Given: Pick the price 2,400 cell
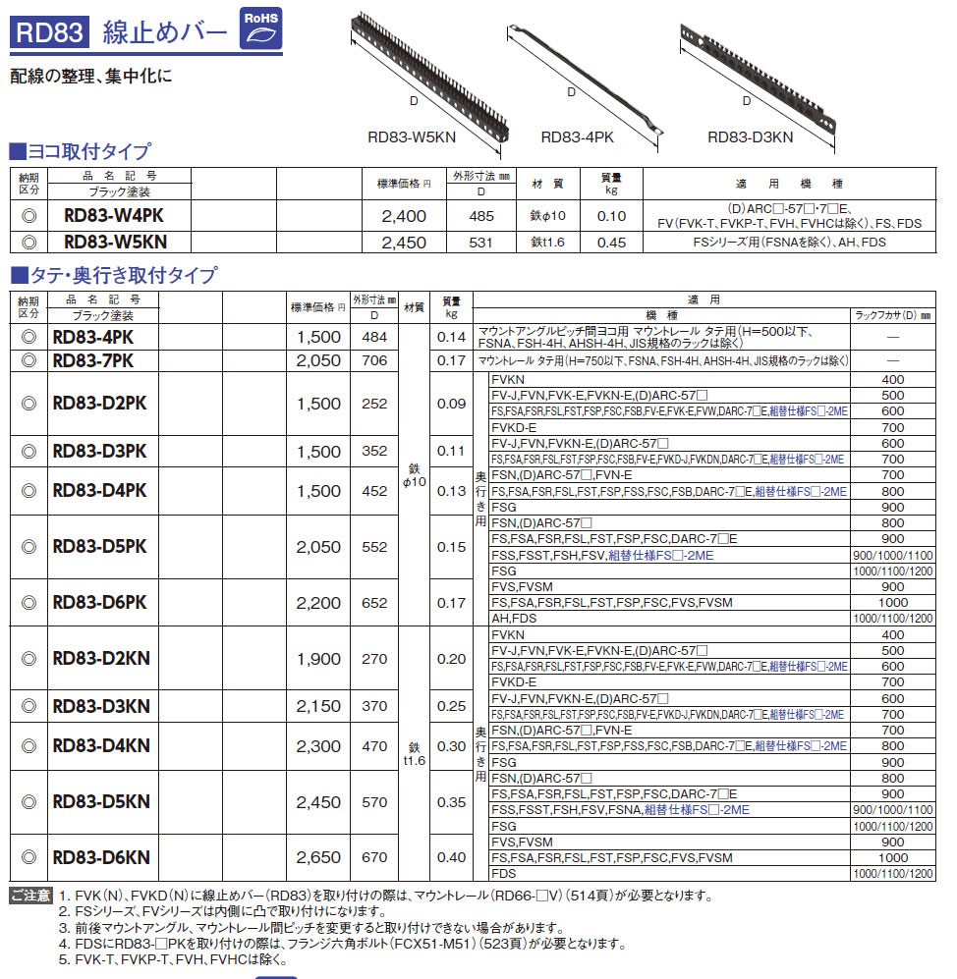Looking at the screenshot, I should (x=404, y=216).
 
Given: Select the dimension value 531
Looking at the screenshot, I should (x=480, y=243).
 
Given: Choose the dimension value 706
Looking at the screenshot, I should (x=374, y=360).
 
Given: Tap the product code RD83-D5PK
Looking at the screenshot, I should (x=100, y=547).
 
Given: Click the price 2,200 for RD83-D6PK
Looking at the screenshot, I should (x=318, y=603).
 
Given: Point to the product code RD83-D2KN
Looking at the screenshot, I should (x=101, y=659).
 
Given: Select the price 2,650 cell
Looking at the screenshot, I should (x=318, y=857).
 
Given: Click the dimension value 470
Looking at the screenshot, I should (x=374, y=746).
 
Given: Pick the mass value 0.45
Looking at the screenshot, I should (x=611, y=243).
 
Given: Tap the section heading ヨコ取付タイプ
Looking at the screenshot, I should (x=86, y=151).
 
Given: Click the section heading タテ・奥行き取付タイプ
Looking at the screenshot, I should (x=120, y=276).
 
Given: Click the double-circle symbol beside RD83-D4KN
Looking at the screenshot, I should (x=29, y=746).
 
